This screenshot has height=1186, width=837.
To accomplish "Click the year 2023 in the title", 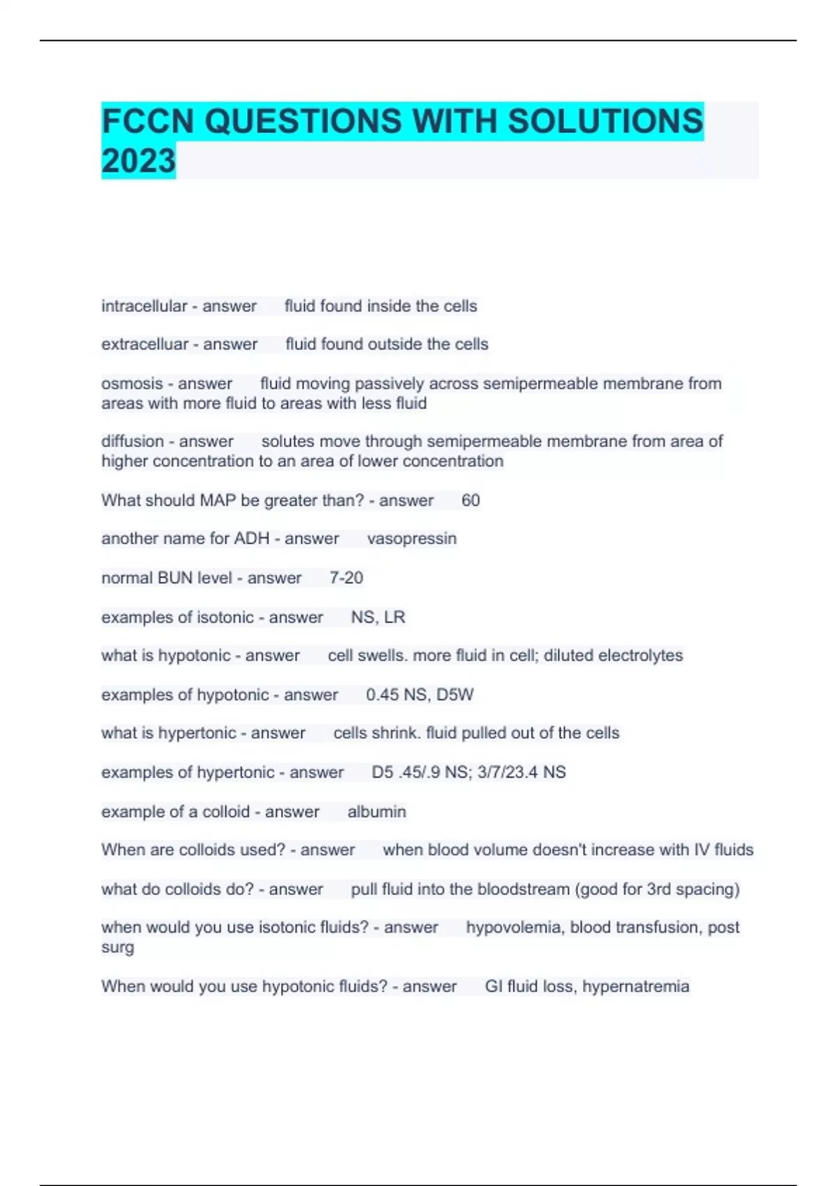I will [138, 161].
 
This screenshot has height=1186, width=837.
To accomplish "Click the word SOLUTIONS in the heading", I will [605, 121].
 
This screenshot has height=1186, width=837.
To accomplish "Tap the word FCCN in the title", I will [147, 121].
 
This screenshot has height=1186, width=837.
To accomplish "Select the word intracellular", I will [144, 306].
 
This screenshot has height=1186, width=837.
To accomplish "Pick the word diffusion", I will [132, 442].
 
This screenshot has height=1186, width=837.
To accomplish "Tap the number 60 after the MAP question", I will [470, 500].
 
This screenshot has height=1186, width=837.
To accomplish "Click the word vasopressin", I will [412, 539].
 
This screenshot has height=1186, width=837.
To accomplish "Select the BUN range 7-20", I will [346, 578].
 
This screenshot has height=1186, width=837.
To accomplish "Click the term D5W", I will [457, 695].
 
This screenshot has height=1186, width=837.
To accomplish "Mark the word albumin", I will [377, 811].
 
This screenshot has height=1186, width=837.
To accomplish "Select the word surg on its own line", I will [117, 947].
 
